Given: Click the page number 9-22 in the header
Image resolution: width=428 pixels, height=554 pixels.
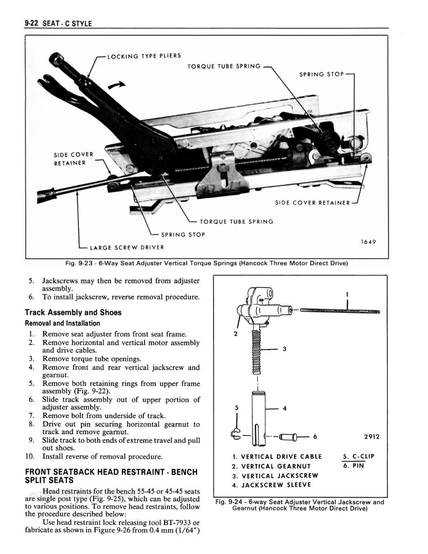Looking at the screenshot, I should pos(32,23).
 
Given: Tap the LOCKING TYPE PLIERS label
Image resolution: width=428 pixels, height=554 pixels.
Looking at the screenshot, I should pos(144,56).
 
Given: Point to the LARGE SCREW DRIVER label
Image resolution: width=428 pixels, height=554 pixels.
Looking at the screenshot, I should pos(127,247).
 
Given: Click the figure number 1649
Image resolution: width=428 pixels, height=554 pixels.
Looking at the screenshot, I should pos(368,242).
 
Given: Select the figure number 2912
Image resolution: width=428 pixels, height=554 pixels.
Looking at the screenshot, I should pos(372,436).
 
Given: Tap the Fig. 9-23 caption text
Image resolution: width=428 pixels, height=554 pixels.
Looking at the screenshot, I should pos(207,263).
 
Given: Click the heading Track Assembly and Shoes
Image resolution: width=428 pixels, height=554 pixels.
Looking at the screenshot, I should pos(73,312).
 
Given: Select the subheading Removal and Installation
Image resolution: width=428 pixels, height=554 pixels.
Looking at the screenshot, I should pos(62,323).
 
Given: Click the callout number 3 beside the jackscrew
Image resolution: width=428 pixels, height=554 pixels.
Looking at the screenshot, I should pos(285,349).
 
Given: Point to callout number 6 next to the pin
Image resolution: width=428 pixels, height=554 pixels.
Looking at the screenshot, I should pos(315,436).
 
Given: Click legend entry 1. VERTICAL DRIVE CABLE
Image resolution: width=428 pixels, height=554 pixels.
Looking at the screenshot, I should pos(277,456).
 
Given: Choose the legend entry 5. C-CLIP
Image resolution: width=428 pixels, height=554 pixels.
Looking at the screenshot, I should pos(359,456).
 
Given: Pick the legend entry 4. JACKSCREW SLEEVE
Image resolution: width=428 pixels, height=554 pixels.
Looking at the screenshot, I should pos(271,485).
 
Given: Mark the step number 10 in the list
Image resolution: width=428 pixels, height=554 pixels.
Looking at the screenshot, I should pos(30,456).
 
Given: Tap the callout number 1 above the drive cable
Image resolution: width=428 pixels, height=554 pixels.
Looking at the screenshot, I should pos(347,294).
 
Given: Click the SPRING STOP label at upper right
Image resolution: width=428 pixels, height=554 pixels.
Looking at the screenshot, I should pos(321,74).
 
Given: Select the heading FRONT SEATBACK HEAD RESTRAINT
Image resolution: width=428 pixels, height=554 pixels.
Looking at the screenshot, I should pos(111,472).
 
